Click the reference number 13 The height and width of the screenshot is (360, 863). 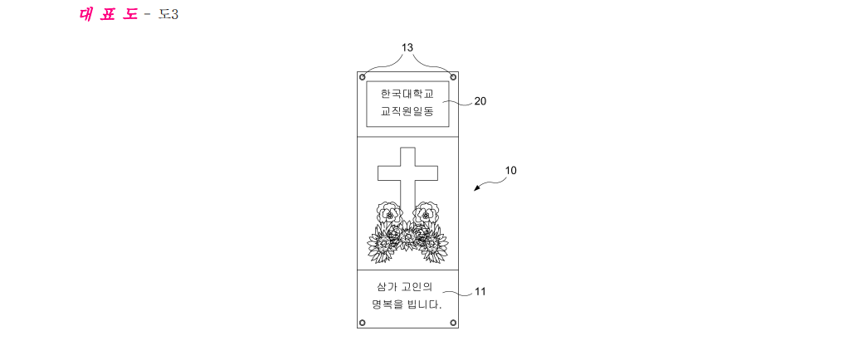[407, 48]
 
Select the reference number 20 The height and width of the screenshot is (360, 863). [480, 101]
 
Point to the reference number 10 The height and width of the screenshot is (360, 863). [511, 171]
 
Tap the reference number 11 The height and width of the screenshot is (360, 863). [480, 292]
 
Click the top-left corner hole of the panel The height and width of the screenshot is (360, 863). [362, 77]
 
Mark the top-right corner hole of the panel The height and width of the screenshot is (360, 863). [453, 77]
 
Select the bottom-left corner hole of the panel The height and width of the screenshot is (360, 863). [362, 323]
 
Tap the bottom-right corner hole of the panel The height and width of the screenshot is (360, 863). [453, 323]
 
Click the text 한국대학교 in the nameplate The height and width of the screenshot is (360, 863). [407, 94]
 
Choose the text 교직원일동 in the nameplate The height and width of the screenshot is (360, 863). [407, 112]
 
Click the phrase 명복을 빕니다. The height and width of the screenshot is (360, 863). [407, 304]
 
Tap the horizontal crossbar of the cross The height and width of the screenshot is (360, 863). [407, 173]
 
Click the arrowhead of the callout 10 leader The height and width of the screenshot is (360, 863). [476, 189]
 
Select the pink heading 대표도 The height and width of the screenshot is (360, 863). [109, 15]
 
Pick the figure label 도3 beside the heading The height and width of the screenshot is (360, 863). [168, 15]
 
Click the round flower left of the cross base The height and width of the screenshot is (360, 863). [389, 213]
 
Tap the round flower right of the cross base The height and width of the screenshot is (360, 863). [426, 213]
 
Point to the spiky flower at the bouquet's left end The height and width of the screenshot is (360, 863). [381, 244]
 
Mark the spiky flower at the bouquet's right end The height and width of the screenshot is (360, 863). [434, 244]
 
